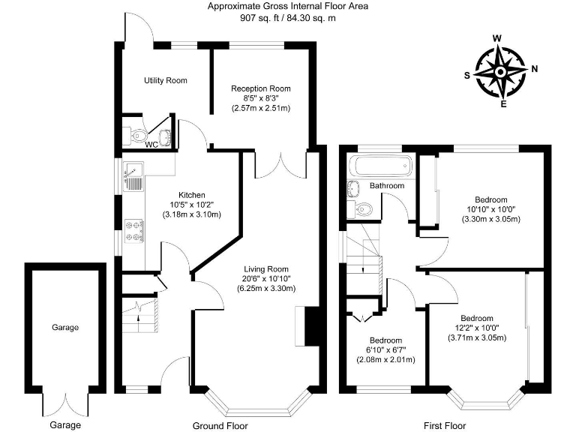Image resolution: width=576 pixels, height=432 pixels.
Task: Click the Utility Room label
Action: point(165,80)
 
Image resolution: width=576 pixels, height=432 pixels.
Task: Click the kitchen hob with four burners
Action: point(134,230)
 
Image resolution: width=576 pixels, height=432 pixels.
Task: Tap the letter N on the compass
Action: point(534,70)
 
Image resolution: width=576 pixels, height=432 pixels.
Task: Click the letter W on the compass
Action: point(497,38)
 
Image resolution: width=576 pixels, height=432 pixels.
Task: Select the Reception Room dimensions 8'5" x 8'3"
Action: point(261,98)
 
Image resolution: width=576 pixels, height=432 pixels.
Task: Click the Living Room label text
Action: point(266,269)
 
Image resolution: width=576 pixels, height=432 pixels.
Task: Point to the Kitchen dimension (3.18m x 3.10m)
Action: point(192,214)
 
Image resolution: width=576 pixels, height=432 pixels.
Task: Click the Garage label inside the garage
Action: point(64,327)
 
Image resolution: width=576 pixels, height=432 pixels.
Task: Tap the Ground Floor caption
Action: point(220,425)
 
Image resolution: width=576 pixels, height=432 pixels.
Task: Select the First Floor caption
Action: point(445,425)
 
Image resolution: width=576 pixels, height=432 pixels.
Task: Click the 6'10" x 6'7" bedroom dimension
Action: point(385,349)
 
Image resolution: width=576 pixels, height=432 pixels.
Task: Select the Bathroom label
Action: point(387,186)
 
